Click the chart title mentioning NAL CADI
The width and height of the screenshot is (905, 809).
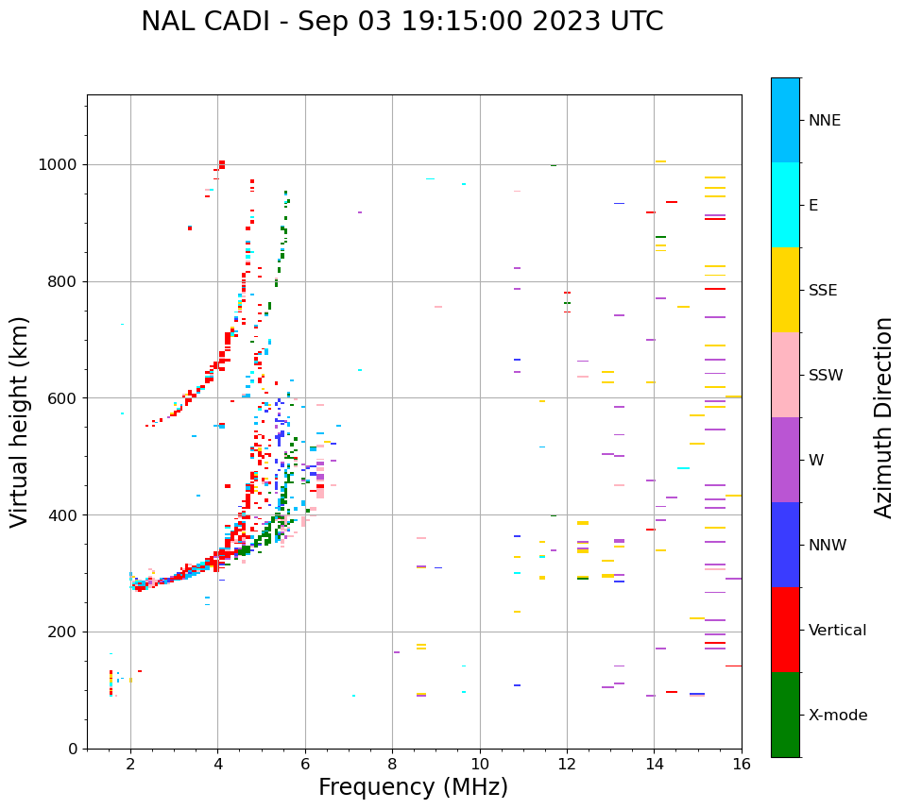pos(401,22)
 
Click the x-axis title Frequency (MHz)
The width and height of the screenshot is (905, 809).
pos(413,787)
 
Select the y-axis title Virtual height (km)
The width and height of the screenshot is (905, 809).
pos(20,421)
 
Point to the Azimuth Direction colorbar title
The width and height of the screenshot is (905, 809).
pos(883,417)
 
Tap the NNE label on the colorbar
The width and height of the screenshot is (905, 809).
pos(824,121)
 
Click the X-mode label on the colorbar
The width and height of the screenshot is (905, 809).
pos(837,716)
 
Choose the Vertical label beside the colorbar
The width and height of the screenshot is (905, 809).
pos(837,631)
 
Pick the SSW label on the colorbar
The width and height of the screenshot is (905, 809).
pos(826,376)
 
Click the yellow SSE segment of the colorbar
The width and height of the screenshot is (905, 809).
pos(785,290)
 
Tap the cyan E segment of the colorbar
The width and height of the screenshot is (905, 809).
pos(785,205)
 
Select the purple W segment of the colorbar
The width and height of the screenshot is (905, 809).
pos(785,460)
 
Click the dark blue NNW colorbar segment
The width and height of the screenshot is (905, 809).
pos(785,545)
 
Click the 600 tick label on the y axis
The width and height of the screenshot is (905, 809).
pos(63,398)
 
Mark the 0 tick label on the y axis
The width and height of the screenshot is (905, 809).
pos(74,749)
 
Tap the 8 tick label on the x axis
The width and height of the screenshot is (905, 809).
pos(392,764)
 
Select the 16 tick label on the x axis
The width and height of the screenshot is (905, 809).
pos(742,764)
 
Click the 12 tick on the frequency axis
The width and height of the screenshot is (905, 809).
pos(567,764)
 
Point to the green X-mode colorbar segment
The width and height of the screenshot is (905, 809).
pos(785,715)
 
